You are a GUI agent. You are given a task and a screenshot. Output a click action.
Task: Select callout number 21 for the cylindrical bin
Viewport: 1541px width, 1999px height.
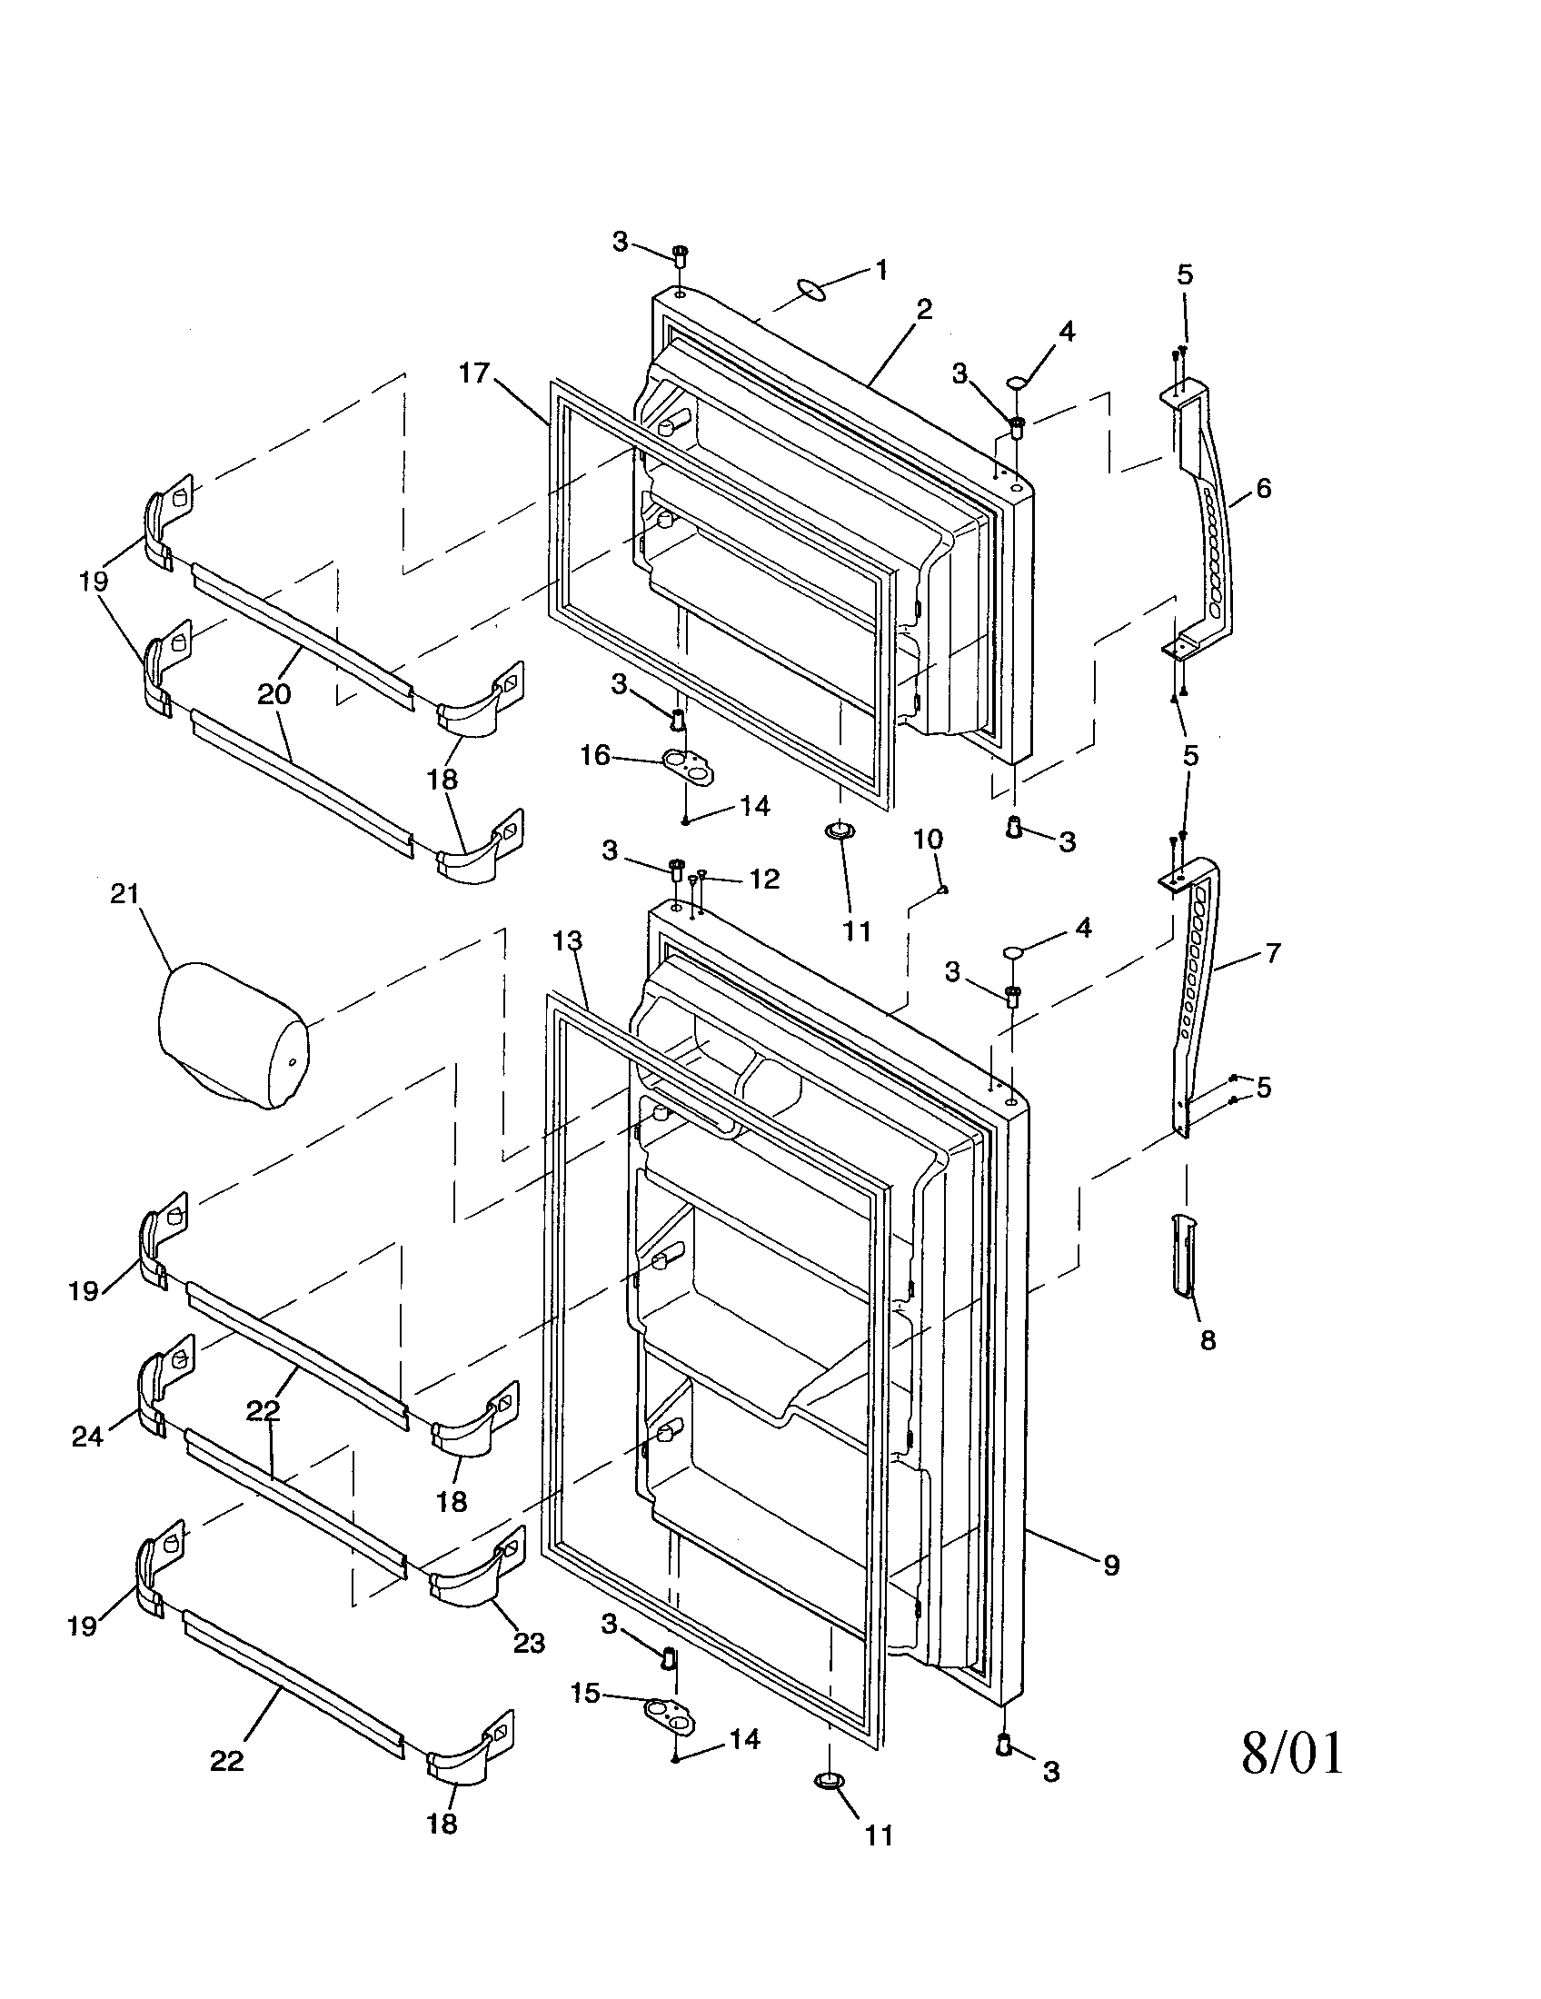pos(124,893)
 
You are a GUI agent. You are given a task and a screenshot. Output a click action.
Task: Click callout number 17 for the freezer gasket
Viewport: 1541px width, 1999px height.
pos(475,373)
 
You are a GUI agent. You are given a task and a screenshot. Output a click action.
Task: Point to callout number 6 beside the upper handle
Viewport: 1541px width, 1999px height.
pos(1263,488)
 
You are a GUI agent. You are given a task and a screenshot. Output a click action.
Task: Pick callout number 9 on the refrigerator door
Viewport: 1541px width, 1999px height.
pos(1111,1566)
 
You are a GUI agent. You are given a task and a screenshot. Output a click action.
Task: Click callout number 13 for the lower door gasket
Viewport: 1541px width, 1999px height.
pos(567,941)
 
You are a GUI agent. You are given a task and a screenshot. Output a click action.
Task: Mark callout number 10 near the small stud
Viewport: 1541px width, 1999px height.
pos(928,840)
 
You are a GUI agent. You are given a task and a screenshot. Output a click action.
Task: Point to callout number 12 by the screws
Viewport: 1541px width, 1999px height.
pos(764,879)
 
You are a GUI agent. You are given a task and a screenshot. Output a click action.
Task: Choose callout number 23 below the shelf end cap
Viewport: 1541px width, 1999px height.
pos(529,1643)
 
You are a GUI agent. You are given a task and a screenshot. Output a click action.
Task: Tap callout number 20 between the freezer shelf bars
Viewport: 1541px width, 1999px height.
pos(273,694)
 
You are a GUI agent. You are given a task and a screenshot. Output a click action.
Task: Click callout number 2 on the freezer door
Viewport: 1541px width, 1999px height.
pos(924,309)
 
